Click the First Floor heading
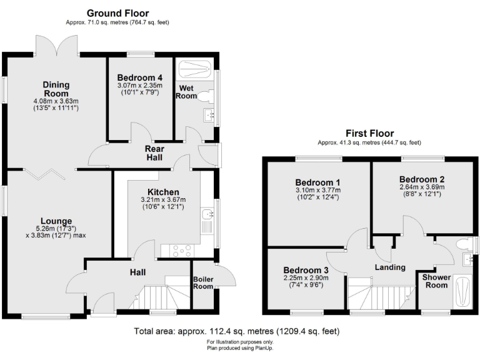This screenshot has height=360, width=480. (370, 133)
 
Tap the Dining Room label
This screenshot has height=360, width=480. (56, 89)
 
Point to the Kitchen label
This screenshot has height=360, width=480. (163, 191)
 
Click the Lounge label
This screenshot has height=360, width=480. (57, 221)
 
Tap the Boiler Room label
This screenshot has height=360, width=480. (203, 282)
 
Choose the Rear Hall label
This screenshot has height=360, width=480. (154, 153)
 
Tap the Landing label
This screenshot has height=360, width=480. (391, 267)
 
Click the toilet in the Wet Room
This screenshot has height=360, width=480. (208, 95)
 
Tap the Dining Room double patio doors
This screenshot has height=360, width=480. (57, 46)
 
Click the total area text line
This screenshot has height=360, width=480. (237, 331)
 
